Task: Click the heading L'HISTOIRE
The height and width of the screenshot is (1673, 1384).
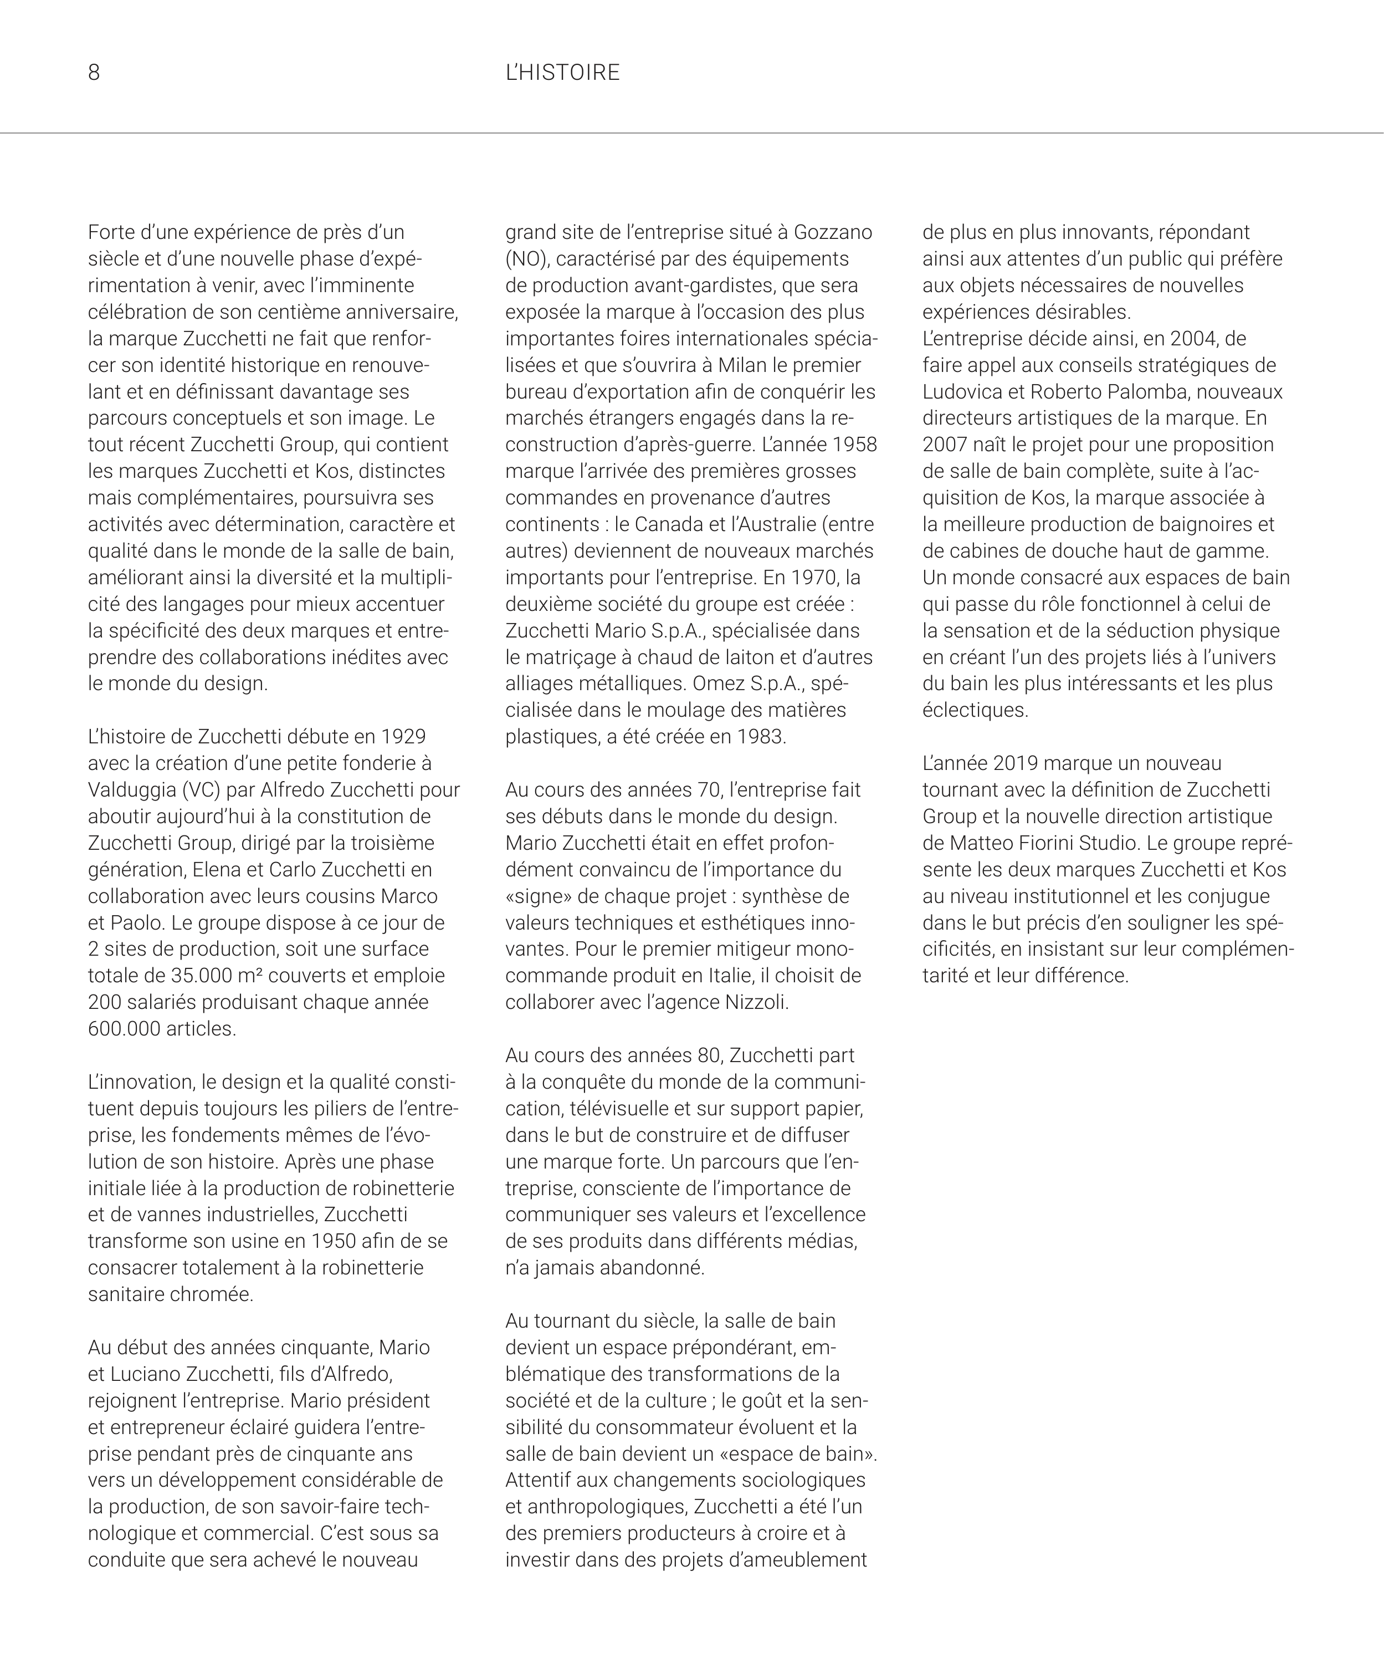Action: coord(562,73)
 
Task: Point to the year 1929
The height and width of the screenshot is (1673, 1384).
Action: coord(403,736)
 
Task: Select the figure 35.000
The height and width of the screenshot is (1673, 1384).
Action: coord(200,975)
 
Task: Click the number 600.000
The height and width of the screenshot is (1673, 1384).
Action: coord(124,1028)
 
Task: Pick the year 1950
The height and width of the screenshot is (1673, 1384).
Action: coord(335,1241)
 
